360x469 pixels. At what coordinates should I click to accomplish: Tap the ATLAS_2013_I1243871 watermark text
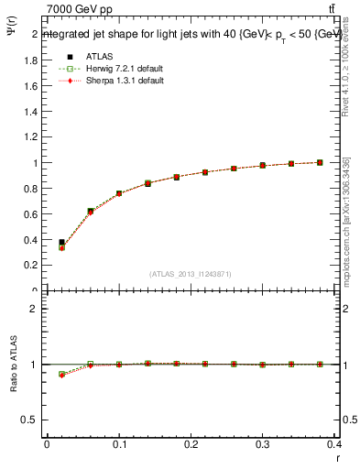click(x=190, y=274)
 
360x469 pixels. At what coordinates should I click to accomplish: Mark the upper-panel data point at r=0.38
click(x=320, y=162)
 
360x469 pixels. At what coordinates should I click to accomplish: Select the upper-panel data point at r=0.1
click(x=119, y=193)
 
